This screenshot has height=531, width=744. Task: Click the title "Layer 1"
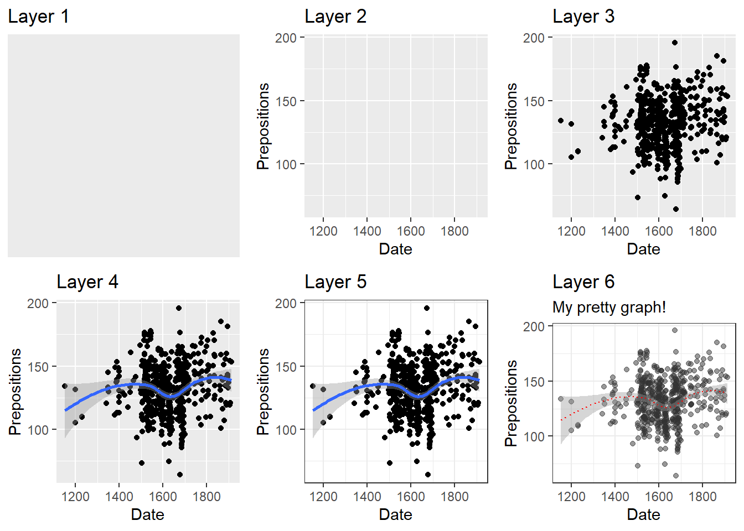pyautogui.click(x=38, y=17)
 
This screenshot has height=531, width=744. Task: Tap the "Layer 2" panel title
pyautogui.click(x=335, y=17)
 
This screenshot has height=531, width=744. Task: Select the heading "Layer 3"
pyautogui.click(x=583, y=17)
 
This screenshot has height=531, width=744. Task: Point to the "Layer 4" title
pyautogui.click(x=87, y=282)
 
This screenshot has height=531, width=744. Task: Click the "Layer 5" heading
pyautogui.click(x=335, y=282)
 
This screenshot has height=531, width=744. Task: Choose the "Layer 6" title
pyautogui.click(x=583, y=282)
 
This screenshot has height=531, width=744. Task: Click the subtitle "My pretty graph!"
pyautogui.click(x=609, y=307)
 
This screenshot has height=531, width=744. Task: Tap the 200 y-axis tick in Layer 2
pyautogui.click(x=286, y=38)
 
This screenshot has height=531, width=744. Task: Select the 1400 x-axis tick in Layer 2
pyautogui.click(x=367, y=231)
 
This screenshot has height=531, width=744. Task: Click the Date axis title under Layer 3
pyautogui.click(x=643, y=249)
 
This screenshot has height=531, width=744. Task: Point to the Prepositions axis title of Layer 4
pyautogui.click(x=15, y=392)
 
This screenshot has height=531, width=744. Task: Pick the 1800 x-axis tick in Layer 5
pyautogui.click(x=454, y=497)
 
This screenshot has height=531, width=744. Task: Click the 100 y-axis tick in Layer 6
pyautogui.click(x=534, y=436)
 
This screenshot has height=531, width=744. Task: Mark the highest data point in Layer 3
pyautogui.click(x=674, y=43)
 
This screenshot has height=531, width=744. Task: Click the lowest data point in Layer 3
pyautogui.click(x=676, y=209)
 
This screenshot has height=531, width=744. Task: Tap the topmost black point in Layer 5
pyautogui.click(x=426, y=308)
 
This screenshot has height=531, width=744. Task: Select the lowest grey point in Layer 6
pyautogui.click(x=676, y=476)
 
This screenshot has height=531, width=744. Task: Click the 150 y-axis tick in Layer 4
pyautogui.click(x=38, y=367)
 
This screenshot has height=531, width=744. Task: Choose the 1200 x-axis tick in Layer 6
pyautogui.click(x=571, y=497)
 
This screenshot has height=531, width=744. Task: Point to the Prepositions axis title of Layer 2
pyautogui.click(x=263, y=126)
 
